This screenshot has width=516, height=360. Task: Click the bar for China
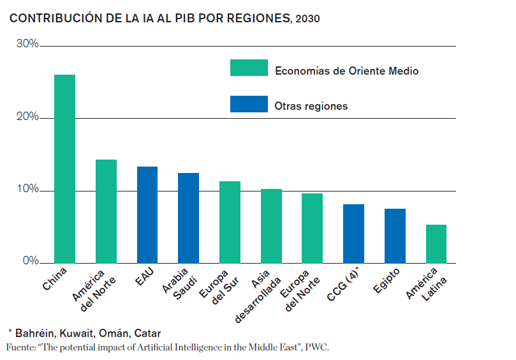[65, 169]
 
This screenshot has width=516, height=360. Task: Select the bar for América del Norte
[106, 211]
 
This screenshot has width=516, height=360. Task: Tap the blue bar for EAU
[147, 214]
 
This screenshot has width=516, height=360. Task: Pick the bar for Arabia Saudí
[188, 218]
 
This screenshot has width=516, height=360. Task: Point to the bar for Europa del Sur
[230, 221]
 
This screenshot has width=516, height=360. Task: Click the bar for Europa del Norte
[312, 228]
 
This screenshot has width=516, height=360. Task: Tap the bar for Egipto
[395, 236]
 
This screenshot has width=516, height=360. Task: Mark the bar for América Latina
[436, 243]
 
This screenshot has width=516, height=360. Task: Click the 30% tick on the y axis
[27, 44]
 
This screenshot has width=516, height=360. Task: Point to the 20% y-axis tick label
[27, 117]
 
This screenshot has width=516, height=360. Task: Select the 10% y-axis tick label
[27, 190]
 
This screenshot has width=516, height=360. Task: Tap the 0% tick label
[31, 261]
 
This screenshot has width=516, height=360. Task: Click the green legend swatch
[249, 68]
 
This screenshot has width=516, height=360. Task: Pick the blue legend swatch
[249, 104]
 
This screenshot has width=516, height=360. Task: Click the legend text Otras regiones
[311, 106]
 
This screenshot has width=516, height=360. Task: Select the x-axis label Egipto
[387, 281]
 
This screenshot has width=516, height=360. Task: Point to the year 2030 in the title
[308, 19]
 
